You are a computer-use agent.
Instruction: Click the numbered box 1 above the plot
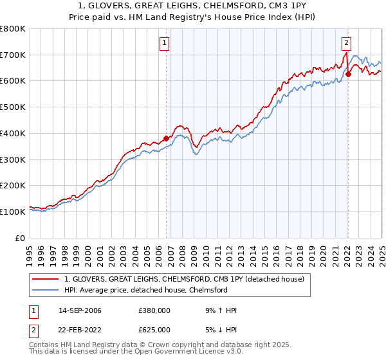165,43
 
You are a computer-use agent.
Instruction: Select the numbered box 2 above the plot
346,43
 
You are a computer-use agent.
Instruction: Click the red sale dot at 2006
166,138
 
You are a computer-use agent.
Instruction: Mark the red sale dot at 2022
348,74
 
